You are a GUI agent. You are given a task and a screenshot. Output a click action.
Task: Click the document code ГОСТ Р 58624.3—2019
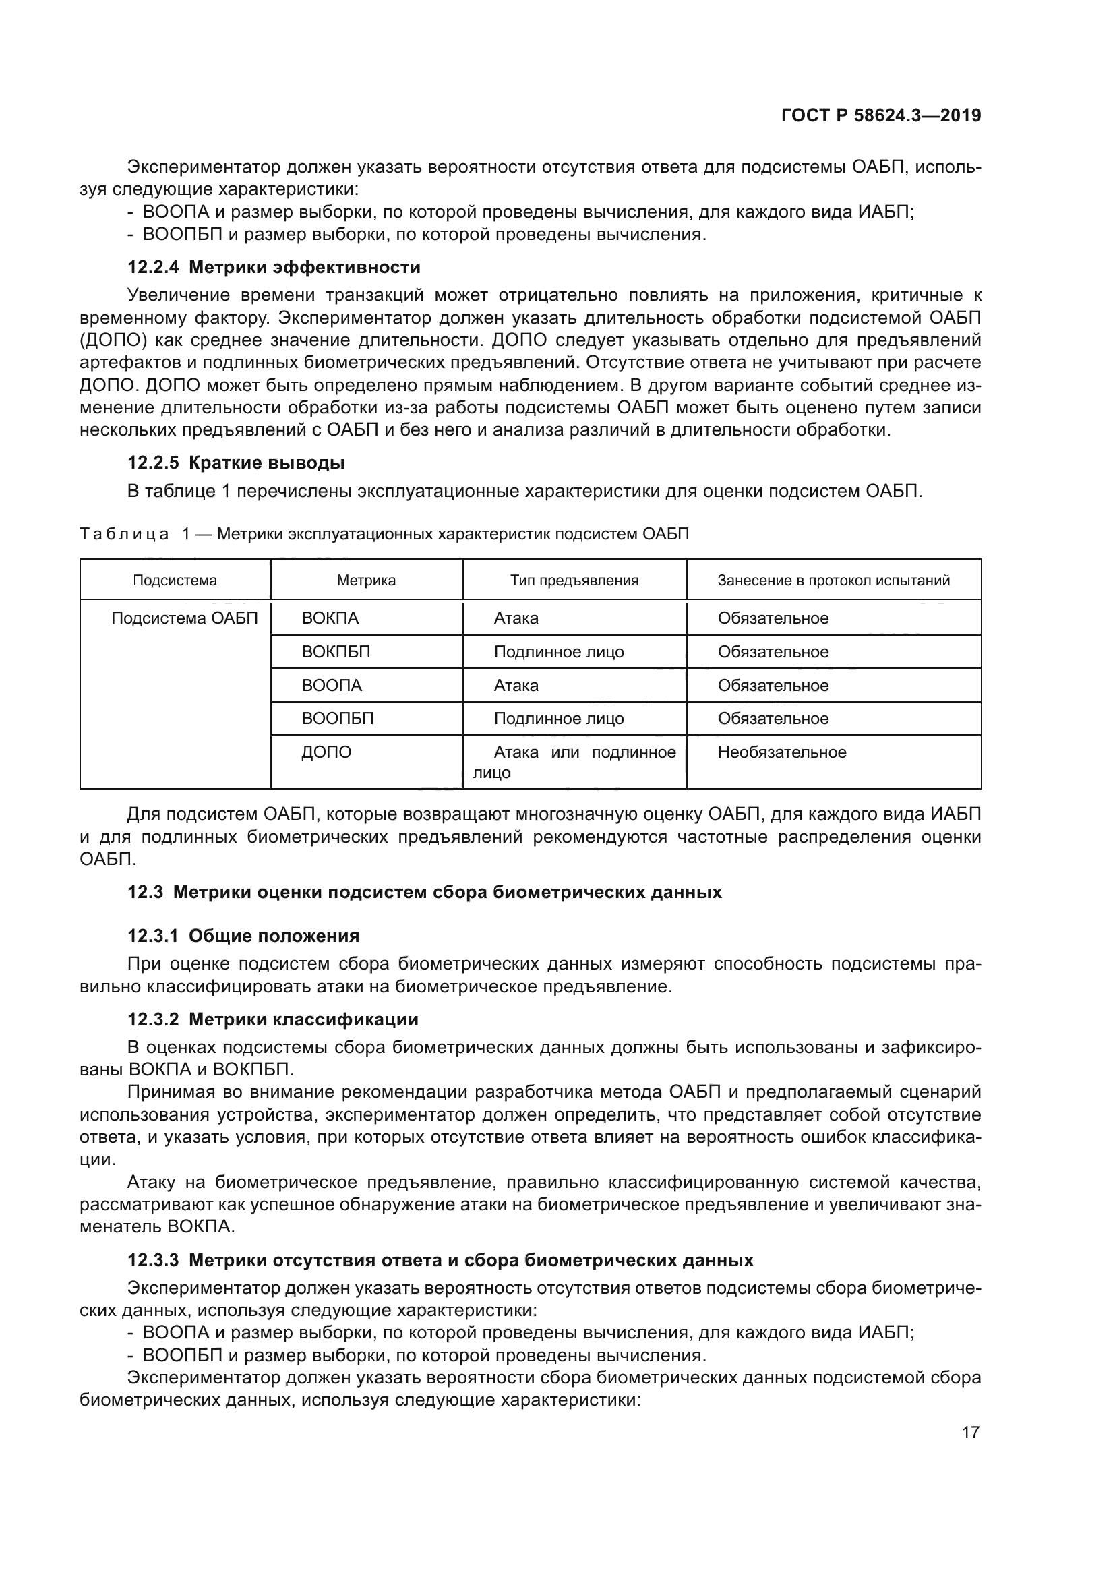[881, 115]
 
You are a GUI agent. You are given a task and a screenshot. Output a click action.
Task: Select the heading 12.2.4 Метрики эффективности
[273, 266]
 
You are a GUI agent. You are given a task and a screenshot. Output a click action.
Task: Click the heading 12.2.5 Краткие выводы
[235, 463]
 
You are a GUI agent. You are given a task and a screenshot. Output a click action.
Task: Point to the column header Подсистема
[175, 581]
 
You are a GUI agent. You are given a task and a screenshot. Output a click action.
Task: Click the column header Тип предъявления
[574, 581]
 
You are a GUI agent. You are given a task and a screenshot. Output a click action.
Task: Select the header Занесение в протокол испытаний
[833, 581]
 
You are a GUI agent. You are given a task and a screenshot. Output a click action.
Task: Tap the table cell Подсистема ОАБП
[185, 618]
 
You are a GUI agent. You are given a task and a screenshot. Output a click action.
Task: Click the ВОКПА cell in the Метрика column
[330, 618]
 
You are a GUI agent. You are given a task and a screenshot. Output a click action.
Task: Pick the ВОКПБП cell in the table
[336, 652]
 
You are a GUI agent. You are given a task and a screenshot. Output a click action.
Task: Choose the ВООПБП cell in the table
[338, 719]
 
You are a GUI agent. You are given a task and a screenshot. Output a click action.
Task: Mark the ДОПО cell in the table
[326, 752]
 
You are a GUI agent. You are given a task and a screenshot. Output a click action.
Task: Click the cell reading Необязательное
[782, 752]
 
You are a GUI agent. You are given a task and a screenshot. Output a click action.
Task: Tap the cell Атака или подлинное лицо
[574, 762]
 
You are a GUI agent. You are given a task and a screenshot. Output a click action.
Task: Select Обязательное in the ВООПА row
[773, 686]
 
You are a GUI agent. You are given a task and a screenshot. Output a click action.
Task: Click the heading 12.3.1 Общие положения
[243, 936]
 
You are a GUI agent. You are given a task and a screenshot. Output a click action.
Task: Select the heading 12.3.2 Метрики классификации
[272, 1019]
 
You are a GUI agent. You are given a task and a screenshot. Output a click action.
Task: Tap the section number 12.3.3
[153, 1260]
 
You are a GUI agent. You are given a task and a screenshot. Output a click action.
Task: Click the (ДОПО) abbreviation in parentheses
[112, 340]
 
